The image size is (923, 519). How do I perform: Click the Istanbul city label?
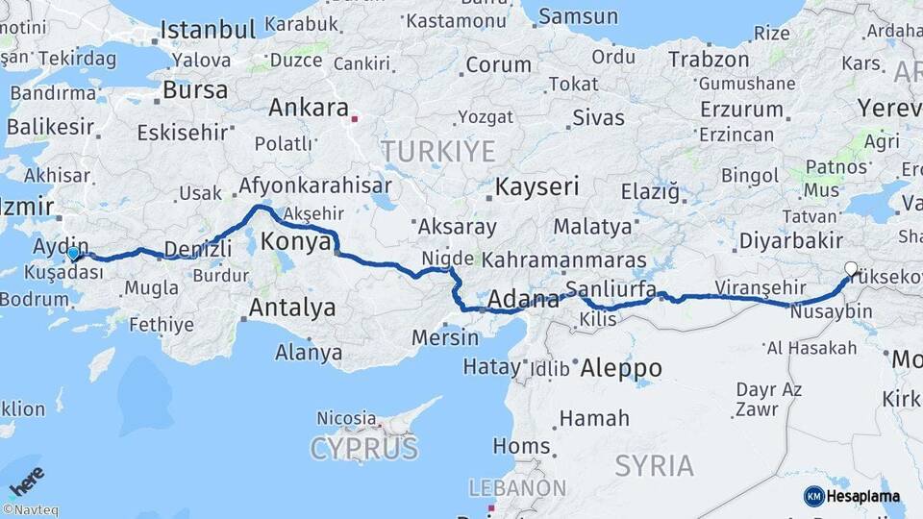209,30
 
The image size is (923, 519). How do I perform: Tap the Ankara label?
308,109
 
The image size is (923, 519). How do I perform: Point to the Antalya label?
292,309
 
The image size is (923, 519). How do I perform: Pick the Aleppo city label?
621,368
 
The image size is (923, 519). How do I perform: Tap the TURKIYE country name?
438,151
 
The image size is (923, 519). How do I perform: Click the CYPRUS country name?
364,448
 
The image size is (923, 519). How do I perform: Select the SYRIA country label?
654,466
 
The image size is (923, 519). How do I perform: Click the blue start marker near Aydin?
73,254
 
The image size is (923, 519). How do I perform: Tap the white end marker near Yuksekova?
851,269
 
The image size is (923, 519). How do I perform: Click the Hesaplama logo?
852,496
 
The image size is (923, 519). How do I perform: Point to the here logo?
26,479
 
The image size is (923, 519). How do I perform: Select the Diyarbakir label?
791,240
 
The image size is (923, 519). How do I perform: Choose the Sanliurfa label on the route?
611,289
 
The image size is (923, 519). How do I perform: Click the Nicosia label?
347,419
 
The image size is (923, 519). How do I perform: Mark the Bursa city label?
195,90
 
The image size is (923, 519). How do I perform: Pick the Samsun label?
579,16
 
